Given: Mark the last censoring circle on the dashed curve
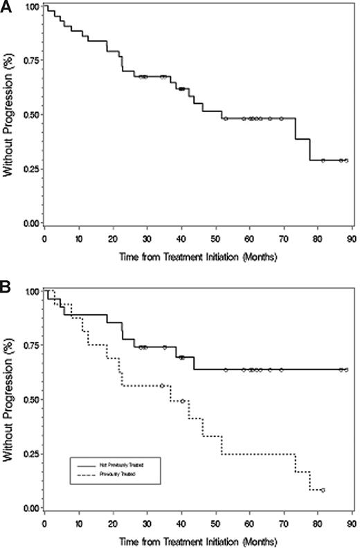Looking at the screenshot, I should click(x=323, y=490).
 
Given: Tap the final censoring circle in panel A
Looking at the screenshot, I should click(x=346, y=161).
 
